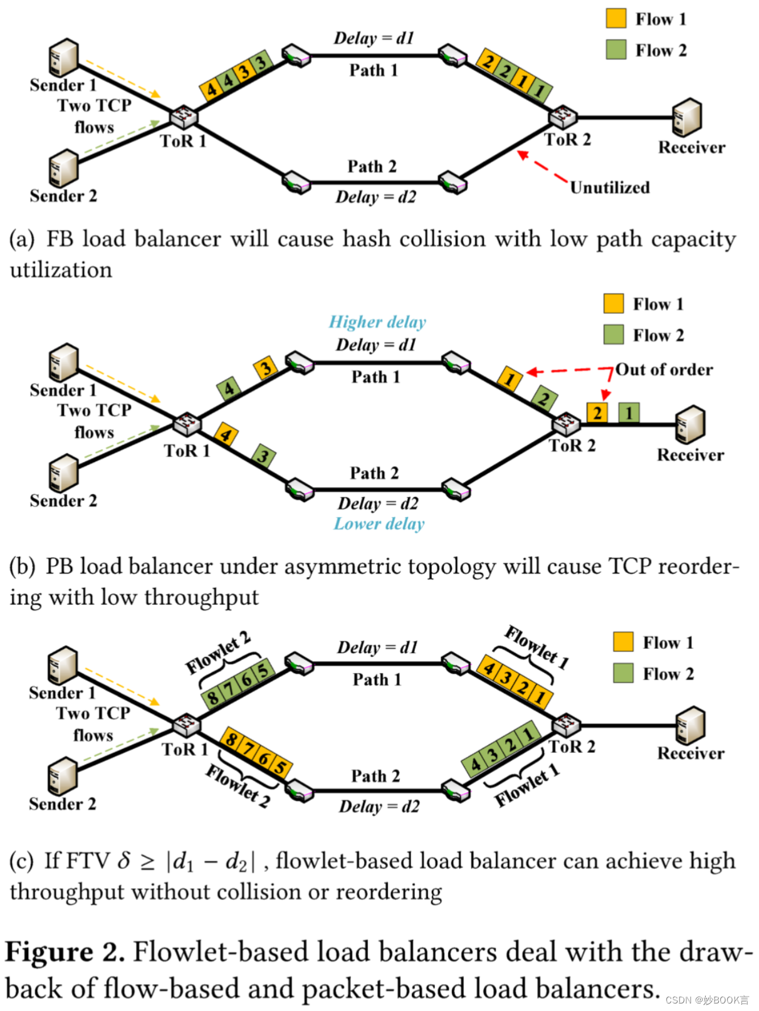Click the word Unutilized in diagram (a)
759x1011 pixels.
point(609,187)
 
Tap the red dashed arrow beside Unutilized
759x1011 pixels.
point(542,167)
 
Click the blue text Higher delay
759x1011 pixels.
point(377,322)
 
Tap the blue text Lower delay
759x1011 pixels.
point(379,524)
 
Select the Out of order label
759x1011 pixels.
point(664,370)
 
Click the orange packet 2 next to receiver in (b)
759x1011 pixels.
point(597,412)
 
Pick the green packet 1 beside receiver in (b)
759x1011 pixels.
point(629,412)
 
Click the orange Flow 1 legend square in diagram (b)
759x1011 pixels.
point(613,303)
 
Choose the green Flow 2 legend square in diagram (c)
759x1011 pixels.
point(623,673)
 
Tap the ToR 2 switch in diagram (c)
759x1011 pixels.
point(567,725)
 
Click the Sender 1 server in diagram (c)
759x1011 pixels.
point(63,666)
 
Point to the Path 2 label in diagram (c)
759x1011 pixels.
point(375,776)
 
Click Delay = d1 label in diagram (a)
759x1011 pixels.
point(374,38)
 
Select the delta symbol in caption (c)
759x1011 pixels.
point(124,861)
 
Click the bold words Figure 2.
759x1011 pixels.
point(65,951)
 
